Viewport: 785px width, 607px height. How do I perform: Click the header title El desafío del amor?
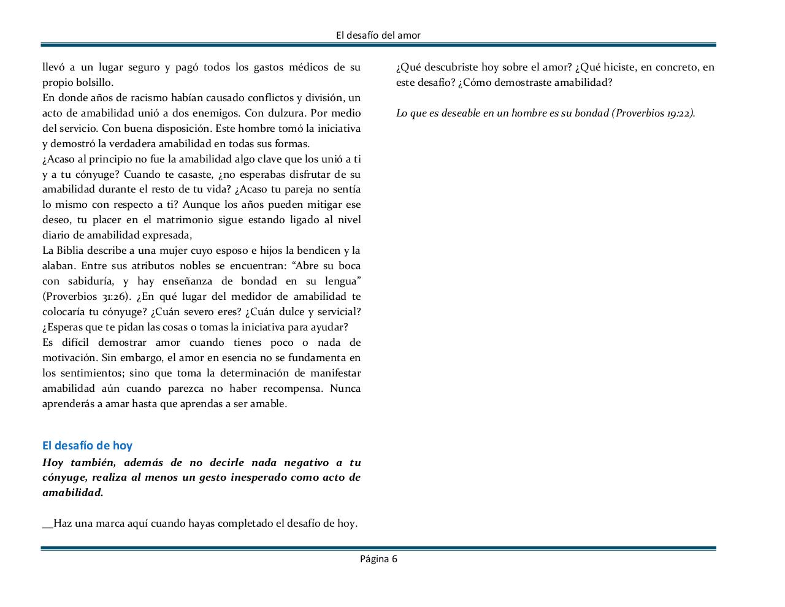[378, 36]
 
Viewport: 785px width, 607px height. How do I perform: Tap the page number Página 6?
[378, 559]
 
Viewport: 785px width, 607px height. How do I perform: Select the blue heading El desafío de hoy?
[87, 446]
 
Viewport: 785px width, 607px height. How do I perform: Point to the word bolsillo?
[94, 82]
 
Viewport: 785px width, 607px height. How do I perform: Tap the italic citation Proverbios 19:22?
[654, 113]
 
